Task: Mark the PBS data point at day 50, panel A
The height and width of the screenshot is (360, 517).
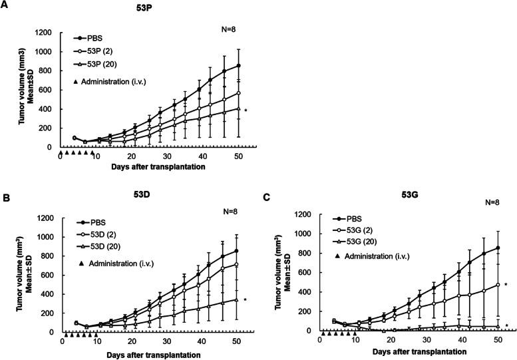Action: click(238, 66)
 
